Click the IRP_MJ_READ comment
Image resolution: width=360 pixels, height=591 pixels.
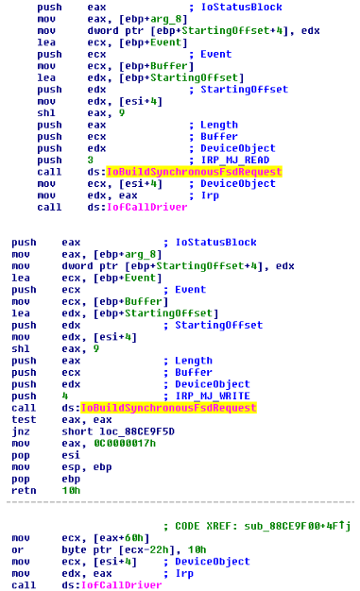click(x=234, y=160)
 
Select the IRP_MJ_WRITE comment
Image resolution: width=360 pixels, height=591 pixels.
click(x=213, y=396)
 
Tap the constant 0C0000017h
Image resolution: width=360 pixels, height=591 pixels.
click(x=125, y=444)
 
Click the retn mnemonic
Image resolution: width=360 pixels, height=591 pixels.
click(x=24, y=490)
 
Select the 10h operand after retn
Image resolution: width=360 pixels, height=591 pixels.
click(x=71, y=490)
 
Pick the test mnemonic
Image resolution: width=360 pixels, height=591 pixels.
click(x=24, y=419)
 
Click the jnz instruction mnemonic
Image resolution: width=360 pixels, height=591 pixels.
click(x=21, y=431)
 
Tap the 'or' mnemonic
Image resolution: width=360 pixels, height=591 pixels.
click(x=17, y=549)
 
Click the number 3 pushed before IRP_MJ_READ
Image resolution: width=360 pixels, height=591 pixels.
click(x=90, y=160)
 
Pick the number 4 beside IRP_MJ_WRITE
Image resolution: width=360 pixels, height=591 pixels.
click(x=65, y=396)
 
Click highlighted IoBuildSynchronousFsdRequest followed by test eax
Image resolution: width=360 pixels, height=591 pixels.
click(x=169, y=408)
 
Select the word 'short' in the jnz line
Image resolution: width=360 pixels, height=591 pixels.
click(x=77, y=431)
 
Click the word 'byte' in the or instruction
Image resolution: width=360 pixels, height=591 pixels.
click(x=75, y=549)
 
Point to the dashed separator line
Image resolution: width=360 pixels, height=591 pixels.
click(x=180, y=502)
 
